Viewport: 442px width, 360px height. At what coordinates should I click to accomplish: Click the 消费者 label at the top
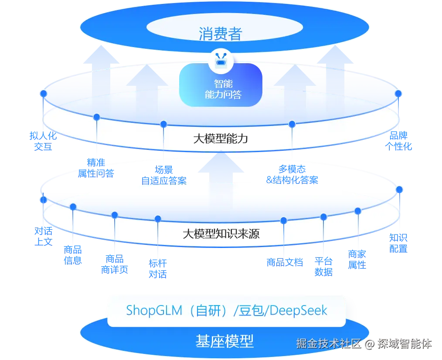tap(221, 34)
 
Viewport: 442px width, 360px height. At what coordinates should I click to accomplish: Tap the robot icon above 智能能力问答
tap(221, 61)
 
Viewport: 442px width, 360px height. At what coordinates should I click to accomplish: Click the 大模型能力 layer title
tap(221, 139)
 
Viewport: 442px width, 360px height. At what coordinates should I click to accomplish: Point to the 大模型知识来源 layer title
tap(221, 234)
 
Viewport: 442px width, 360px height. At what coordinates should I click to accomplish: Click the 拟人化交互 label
tap(43, 141)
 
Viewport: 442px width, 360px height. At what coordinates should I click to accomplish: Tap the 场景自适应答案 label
tap(164, 175)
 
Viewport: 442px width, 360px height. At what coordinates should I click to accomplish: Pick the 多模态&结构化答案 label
tap(292, 174)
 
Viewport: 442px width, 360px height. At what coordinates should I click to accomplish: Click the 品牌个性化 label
tap(399, 140)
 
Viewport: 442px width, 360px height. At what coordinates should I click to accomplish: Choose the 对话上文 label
tap(43, 237)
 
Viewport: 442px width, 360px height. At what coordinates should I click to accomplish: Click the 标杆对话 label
tap(158, 268)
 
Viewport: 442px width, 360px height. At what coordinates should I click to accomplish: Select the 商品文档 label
tap(284, 262)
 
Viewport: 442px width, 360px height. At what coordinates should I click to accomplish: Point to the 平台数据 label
tap(323, 267)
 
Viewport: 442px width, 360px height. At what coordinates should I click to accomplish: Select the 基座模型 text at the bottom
tap(224, 341)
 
